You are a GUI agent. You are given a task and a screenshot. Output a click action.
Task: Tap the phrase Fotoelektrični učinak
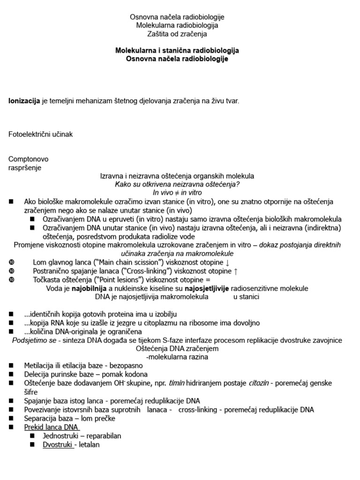tap(41, 135)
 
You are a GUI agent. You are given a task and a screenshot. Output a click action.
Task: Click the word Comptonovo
tap(29, 159)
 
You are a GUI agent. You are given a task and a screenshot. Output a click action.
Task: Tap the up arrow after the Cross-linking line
tap(236, 271)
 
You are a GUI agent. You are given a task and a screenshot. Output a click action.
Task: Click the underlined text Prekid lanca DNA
tap(52, 427)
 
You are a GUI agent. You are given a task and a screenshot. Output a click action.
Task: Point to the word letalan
tap(89, 444)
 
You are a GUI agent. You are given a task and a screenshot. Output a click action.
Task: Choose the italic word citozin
tap(259, 382)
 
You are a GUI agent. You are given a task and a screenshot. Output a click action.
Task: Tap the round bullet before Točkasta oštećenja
tap(12, 280)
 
